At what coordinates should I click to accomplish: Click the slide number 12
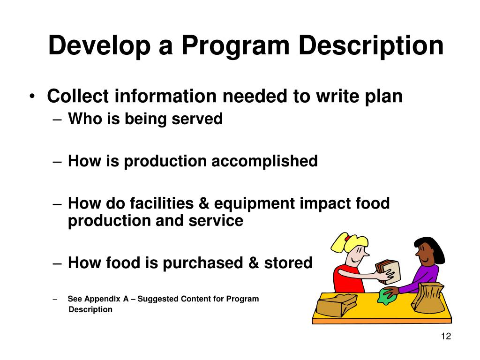(445, 337)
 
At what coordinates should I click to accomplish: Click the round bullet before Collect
(31, 97)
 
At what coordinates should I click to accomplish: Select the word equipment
(254, 204)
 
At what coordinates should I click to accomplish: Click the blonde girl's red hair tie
(347, 238)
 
